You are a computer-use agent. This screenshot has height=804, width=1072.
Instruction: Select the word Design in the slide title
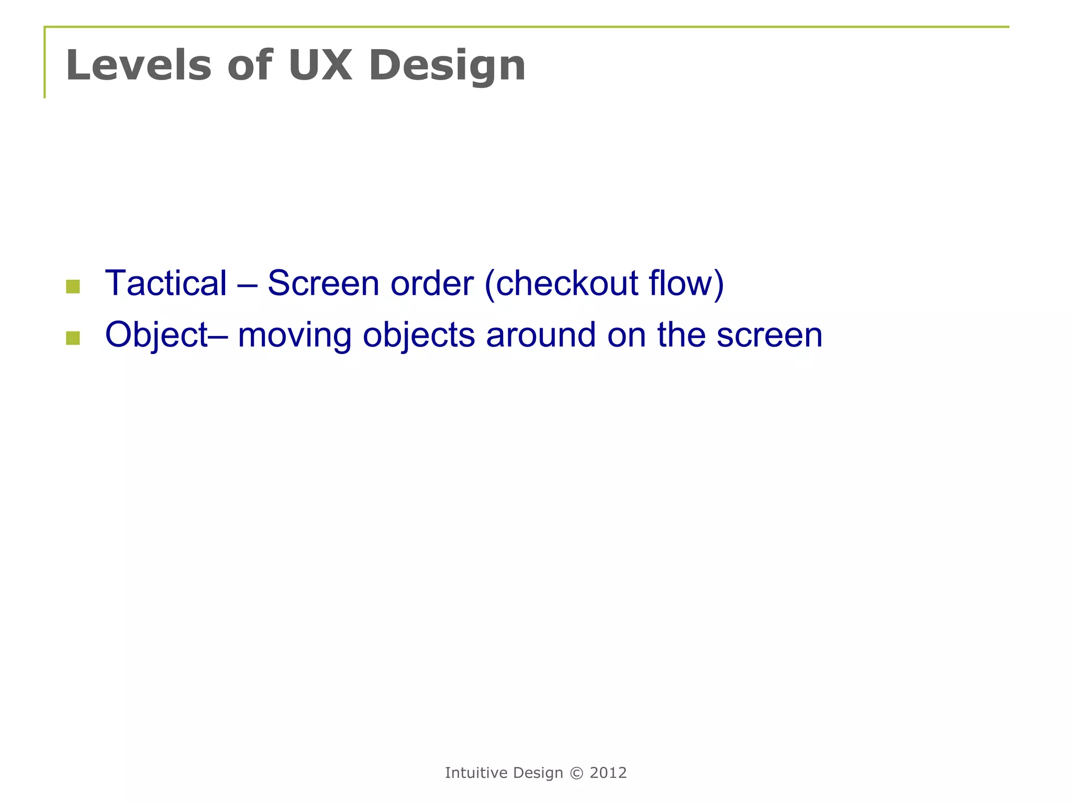pos(447,66)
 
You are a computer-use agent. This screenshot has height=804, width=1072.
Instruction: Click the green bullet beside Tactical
pos(73,286)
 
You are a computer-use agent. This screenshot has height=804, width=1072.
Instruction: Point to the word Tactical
pos(166,283)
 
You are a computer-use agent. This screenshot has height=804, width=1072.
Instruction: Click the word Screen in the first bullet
pos(323,283)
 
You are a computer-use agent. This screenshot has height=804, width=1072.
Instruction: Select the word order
pos(432,283)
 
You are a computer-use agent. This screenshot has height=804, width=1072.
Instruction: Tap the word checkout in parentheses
pos(567,283)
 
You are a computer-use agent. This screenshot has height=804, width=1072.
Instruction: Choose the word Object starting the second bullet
pos(157,336)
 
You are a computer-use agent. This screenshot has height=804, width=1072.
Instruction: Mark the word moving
pos(294,336)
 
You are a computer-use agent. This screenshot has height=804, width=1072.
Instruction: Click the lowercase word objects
pos(419,336)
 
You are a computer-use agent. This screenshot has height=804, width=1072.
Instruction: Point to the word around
pos(541,334)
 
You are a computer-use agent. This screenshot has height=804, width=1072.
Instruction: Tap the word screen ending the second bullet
pos(769,336)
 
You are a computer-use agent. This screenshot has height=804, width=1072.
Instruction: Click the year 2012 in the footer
pos(608,773)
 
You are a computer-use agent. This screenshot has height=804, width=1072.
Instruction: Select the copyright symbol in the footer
pos(576,773)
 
